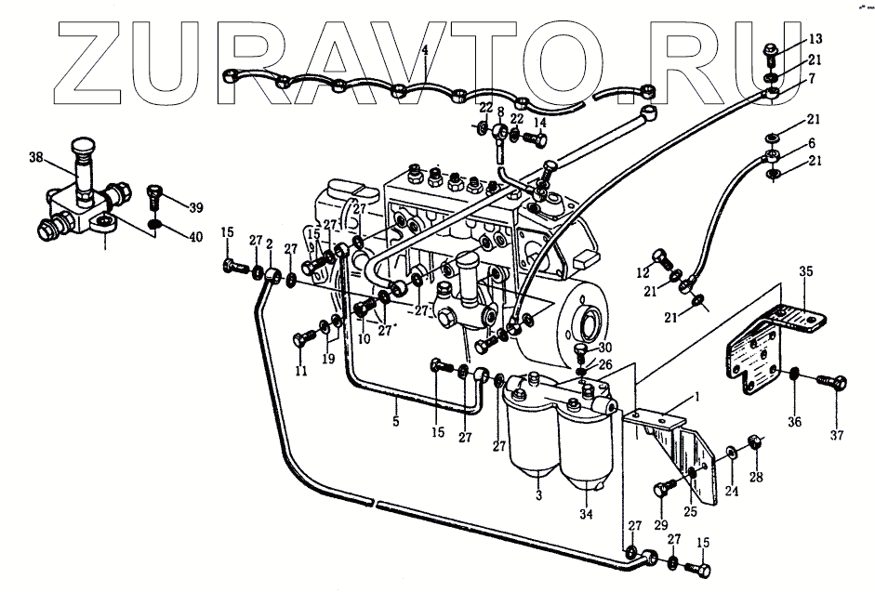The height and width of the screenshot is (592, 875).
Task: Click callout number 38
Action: point(36,158)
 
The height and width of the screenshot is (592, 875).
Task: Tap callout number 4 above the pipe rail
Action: point(424,48)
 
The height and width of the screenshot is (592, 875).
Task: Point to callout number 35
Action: point(806,272)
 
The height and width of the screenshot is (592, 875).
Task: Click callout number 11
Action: point(300,372)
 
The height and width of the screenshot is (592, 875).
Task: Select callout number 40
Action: point(194,237)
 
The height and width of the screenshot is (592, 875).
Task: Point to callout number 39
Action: point(194,206)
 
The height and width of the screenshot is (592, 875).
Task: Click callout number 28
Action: point(755,479)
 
